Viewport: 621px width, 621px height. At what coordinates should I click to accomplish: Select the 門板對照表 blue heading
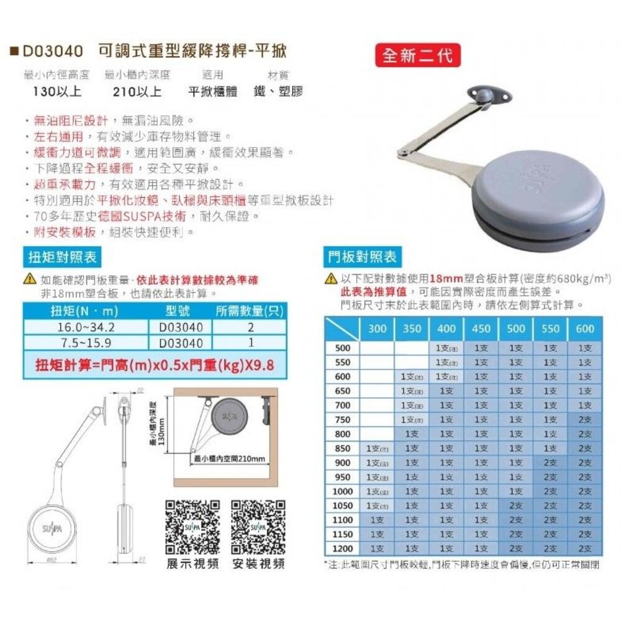[x=363, y=256]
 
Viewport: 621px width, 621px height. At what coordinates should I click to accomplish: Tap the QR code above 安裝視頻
[x=258, y=526]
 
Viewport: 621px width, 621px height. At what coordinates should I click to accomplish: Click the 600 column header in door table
[x=584, y=329]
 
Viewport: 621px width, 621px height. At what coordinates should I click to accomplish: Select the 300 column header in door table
[x=377, y=329]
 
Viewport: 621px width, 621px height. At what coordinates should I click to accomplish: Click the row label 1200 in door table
[x=343, y=548]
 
